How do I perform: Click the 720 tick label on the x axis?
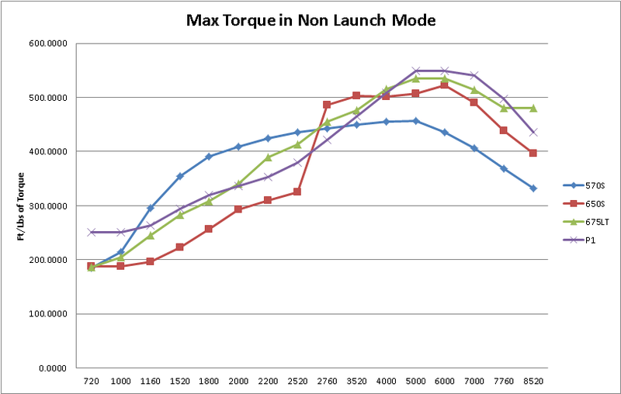point(91,382)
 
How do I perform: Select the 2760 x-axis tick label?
point(327,382)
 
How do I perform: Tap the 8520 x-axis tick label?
point(533,382)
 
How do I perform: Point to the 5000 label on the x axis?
point(415,382)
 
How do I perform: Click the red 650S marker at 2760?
point(327,105)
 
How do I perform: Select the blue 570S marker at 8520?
point(533,188)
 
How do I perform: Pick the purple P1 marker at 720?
point(91,232)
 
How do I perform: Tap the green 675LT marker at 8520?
point(533,108)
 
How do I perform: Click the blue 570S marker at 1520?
point(179,176)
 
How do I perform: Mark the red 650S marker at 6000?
point(445,85)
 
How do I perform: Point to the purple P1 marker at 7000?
point(474,75)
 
